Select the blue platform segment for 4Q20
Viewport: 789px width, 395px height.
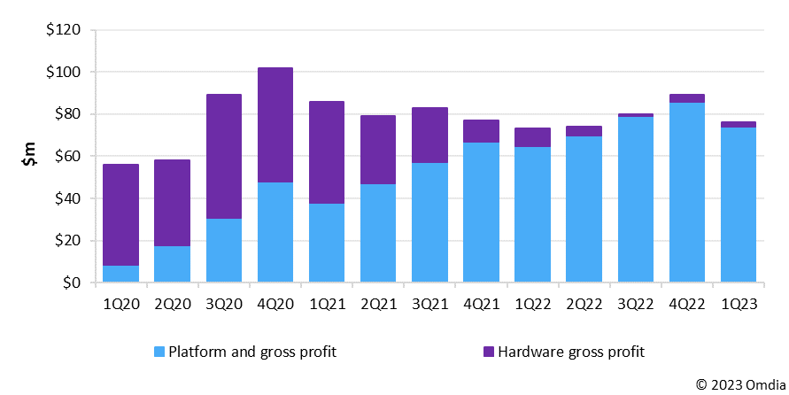(x=275, y=232)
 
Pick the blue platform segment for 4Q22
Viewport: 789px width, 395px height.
(x=687, y=192)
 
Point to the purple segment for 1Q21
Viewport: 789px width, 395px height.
(x=327, y=152)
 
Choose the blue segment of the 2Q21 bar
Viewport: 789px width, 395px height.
(x=378, y=233)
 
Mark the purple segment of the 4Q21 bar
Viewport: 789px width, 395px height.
(x=481, y=131)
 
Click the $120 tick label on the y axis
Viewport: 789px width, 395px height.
(x=63, y=30)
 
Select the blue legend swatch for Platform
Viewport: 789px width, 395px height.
(x=160, y=352)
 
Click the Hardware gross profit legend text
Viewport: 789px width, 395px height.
(x=572, y=352)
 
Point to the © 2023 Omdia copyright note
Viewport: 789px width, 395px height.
(x=739, y=384)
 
